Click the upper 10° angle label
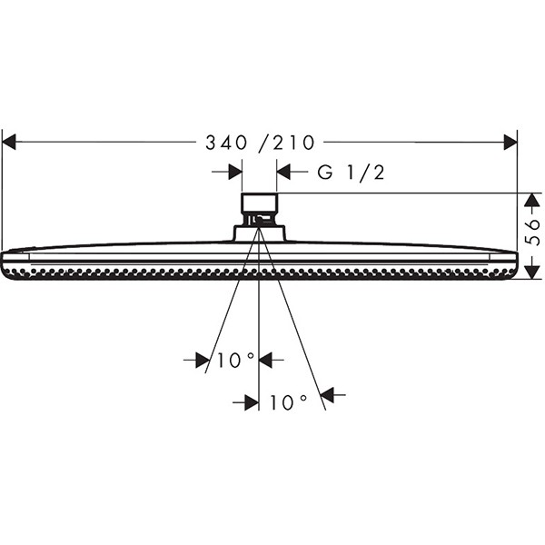pyautogui.click(x=235, y=361)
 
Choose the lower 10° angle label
pyautogui.click(x=288, y=401)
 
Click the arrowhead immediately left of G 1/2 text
pyautogui.click(x=282, y=172)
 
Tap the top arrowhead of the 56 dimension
pyautogui.click(x=531, y=198)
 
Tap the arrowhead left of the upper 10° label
pyautogui.click(x=203, y=361)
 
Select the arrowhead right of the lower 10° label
pyautogui.click(x=328, y=395)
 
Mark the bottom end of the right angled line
pyautogui.click(x=324, y=411)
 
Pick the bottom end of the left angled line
pyautogui.click(x=207, y=372)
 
